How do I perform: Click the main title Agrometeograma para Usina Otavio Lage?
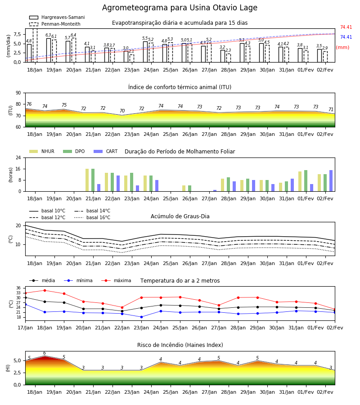tap(180, 8)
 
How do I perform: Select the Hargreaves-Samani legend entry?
tap(57, 17)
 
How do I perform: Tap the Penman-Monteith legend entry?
tap(55, 24)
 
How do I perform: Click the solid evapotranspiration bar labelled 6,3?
tap(49, 50)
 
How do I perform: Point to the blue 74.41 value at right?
tap(346, 37)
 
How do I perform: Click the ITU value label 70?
tap(122, 111)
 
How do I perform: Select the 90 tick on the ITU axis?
tap(18, 93)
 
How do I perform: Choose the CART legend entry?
tap(106, 151)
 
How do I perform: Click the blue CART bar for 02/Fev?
tap(331, 181)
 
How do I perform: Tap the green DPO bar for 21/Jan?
tap(93, 180)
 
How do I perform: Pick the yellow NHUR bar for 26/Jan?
tap(184, 188)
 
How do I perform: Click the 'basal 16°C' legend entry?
tap(92, 217)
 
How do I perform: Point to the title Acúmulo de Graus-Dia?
tap(180, 216)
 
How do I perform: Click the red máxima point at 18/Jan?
tap(45, 290)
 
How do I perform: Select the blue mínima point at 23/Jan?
tap(141, 317)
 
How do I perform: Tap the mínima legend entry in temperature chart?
tap(78, 280)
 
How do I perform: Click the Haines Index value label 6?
tap(45, 353)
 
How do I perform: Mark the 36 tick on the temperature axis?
tap(18, 288)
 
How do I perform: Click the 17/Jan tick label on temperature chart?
tap(25, 328)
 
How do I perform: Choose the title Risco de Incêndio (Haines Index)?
tap(180, 345)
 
